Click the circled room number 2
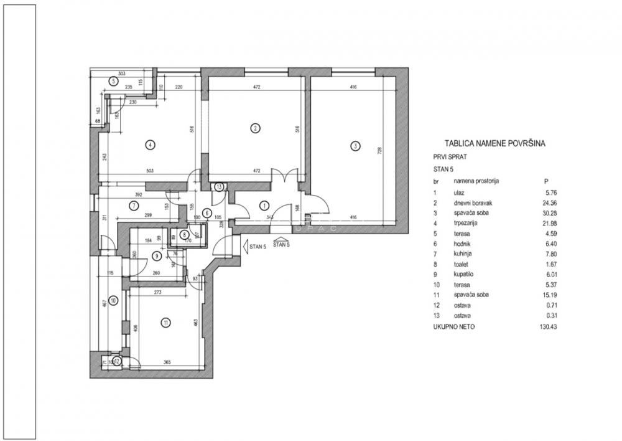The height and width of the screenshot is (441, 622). pyautogui.click(x=254, y=129)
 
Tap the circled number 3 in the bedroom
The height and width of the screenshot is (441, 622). pyautogui.click(x=355, y=146)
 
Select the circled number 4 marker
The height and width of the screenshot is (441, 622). pyautogui.click(x=149, y=145)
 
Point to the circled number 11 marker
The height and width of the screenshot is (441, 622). pyautogui.click(x=165, y=322)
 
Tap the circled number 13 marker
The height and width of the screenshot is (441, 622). pyautogui.click(x=219, y=186)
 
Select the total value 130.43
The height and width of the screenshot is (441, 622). pyautogui.click(x=547, y=326)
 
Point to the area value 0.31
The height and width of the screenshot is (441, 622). pyautogui.click(x=550, y=316)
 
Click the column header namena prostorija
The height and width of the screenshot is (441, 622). pyautogui.click(x=476, y=181)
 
